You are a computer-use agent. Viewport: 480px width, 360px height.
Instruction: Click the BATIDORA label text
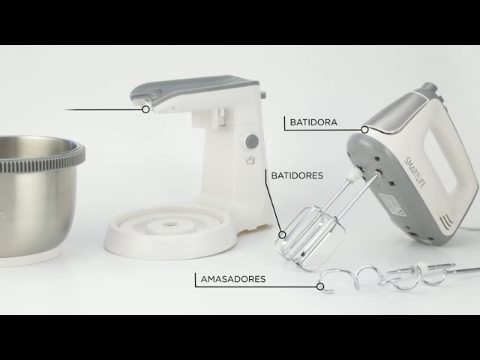[313, 122]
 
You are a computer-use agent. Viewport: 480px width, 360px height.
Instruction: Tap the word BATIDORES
[297, 175]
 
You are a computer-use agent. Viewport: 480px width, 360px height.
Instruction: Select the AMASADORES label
[233, 279]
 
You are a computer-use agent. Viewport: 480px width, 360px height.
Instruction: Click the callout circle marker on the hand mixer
[364, 130]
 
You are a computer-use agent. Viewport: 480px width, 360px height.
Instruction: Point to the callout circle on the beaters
[282, 235]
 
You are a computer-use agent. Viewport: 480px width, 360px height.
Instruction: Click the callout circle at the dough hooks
[320, 286]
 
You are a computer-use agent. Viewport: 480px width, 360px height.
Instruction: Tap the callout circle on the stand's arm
[146, 109]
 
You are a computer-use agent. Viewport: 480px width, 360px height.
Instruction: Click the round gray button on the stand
[252, 141]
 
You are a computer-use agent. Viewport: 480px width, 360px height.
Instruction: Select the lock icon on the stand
[250, 160]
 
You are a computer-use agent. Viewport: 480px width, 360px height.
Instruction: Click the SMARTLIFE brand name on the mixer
[415, 172]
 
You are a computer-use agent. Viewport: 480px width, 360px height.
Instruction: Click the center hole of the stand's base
[169, 224]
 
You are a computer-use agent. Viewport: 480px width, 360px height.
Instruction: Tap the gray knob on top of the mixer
[428, 88]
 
